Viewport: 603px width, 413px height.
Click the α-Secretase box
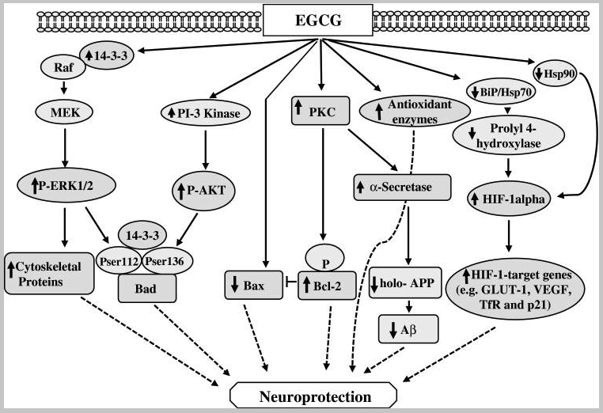(402, 188)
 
